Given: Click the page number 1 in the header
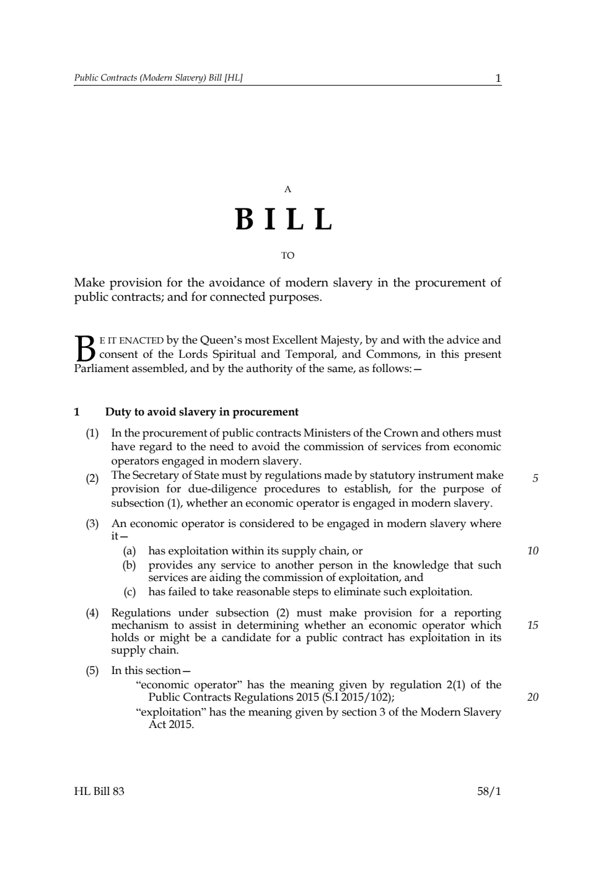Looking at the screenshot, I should coord(498,78).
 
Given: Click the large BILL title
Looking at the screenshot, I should coord(284,220).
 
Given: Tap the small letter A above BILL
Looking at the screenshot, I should coord(287,189).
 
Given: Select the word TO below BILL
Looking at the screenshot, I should coord(287,255).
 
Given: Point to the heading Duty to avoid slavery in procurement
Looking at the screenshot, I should coord(202,412).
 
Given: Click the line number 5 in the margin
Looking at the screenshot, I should coord(535,478).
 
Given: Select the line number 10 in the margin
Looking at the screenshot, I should coord(533,551).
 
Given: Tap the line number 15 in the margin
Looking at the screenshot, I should coord(533,625).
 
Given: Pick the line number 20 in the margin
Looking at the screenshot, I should coord(533,697).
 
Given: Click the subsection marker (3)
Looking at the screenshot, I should coord(92,524).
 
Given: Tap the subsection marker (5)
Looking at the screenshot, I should coord(92,670).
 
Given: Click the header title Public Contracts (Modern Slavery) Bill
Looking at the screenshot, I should coord(158,78).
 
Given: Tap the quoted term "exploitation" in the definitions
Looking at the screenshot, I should coord(170,712).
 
